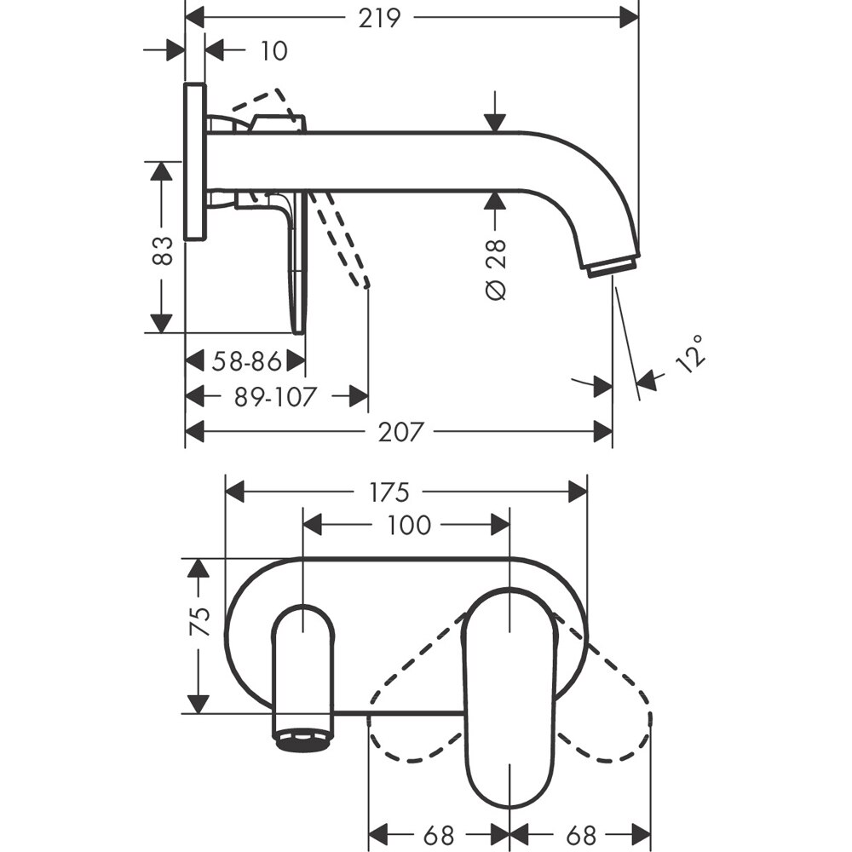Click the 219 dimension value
(378, 17)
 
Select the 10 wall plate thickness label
(273, 51)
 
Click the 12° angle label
(692, 352)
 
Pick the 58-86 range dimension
(247, 362)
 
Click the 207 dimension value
(399, 432)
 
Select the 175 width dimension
(389, 492)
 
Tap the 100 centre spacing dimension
(407, 526)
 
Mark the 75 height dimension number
(199, 622)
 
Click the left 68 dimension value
(436, 833)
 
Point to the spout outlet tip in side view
(612, 265)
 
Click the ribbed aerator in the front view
(303, 737)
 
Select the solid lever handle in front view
(509, 699)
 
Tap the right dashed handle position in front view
(609, 707)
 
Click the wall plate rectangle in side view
(194, 162)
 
